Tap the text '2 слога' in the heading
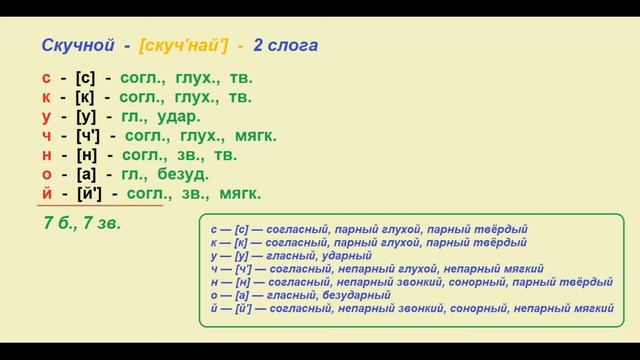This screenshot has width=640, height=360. point(297,46)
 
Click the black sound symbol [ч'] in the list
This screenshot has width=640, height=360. point(91,135)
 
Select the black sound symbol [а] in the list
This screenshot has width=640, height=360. point(87,173)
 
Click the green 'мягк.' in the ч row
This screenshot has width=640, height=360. point(257,135)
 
